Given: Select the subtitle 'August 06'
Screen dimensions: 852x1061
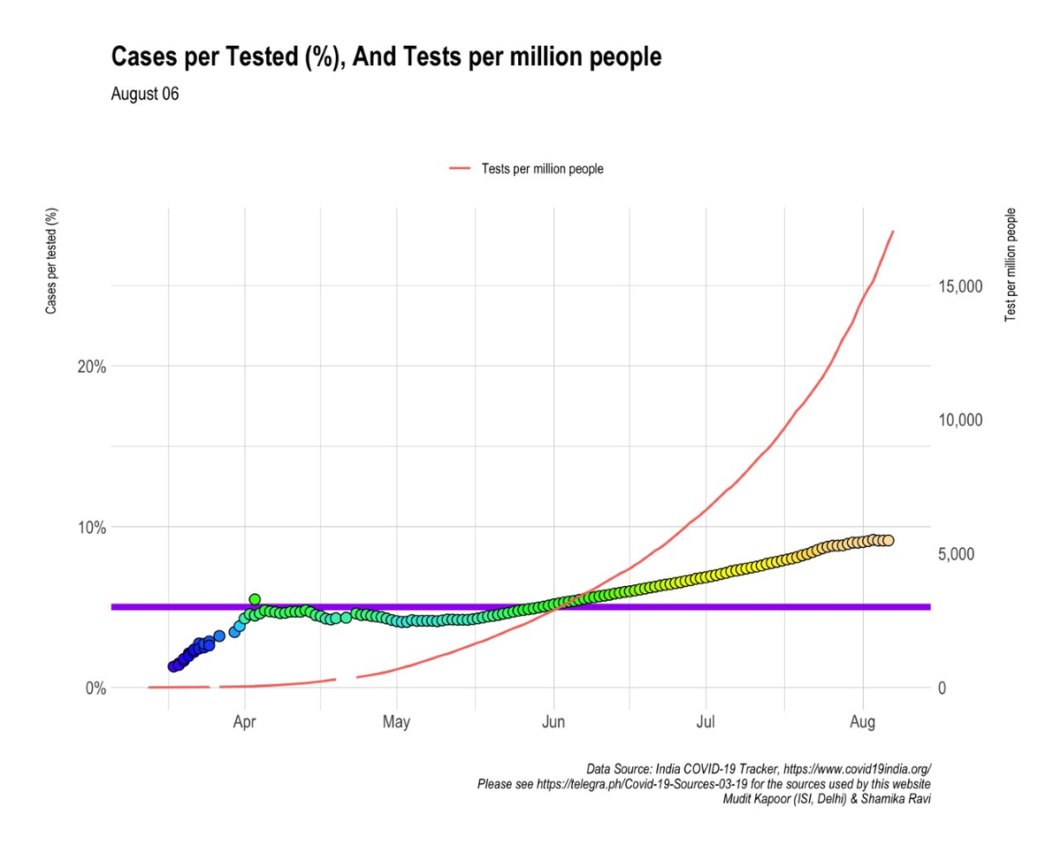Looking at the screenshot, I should [x=145, y=95].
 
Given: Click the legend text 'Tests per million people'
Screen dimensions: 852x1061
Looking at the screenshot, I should [x=542, y=169].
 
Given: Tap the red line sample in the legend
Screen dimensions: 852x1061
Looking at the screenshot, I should [x=460, y=169].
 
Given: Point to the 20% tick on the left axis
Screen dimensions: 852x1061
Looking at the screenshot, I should [x=88, y=367].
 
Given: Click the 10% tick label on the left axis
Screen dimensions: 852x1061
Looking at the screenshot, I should [x=88, y=528].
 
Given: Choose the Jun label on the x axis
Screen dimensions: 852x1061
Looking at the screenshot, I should [x=553, y=725].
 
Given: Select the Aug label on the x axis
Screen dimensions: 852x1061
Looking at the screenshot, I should [x=862, y=725].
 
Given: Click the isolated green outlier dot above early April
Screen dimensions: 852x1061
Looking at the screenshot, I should [x=255, y=599].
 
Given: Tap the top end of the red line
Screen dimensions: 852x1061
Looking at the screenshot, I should [x=893, y=232].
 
